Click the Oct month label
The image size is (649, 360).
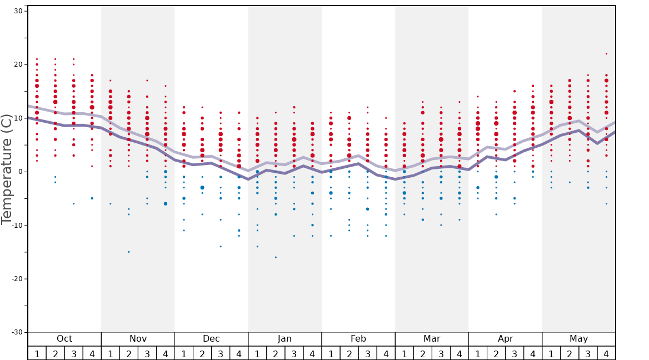pyautogui.click(x=64, y=339)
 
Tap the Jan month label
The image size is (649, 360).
pyautogui.click(x=284, y=339)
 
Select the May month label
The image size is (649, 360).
pyautogui.click(x=578, y=339)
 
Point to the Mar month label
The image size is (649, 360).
pyautogui.click(x=432, y=339)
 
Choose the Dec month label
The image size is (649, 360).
pyautogui.click(x=211, y=339)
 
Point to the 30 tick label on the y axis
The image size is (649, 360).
pyautogui.click(x=17, y=11)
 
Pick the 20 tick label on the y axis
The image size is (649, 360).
pyautogui.click(x=17, y=64)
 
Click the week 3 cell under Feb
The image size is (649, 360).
pyautogui.click(x=367, y=353)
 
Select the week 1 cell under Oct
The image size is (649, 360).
pyautogui.click(x=37, y=353)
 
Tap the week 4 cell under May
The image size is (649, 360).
pyautogui.click(x=606, y=353)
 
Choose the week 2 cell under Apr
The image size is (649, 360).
pyautogui.click(x=496, y=353)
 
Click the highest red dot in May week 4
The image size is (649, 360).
pyautogui.click(x=606, y=54)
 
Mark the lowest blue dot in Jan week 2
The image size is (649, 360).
pyautogui.click(x=276, y=257)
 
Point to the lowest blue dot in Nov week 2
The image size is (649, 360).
pyautogui.click(x=129, y=252)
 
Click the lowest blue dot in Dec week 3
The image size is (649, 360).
pyautogui.click(x=221, y=246)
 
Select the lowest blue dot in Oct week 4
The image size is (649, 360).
pyautogui.click(x=92, y=198)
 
